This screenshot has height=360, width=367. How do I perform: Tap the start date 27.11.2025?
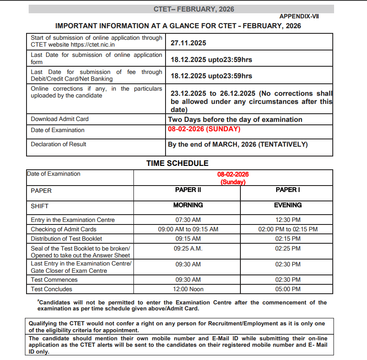point(188,43)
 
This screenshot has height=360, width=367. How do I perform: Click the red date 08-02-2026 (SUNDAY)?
point(204,129)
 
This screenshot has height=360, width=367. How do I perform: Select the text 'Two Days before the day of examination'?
point(235,120)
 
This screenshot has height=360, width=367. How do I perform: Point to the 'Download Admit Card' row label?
point(59,119)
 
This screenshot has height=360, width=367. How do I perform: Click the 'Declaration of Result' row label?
point(58,144)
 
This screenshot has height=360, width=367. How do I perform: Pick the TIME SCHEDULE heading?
point(178,163)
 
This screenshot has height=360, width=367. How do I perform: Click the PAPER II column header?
point(188,190)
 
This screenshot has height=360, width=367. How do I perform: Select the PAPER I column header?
point(287,190)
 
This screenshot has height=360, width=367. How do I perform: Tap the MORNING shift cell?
point(188,205)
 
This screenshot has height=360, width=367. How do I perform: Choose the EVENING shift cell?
point(287,205)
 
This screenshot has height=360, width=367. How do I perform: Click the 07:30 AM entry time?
point(188,220)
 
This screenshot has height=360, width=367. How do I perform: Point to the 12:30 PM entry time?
point(287,220)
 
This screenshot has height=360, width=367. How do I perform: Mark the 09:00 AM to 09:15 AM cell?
point(188,229)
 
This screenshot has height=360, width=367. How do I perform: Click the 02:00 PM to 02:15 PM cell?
point(287,229)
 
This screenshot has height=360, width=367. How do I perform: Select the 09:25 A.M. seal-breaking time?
point(188,248)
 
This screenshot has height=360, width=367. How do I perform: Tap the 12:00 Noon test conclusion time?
point(188,289)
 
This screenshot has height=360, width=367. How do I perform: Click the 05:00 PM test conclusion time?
point(287,289)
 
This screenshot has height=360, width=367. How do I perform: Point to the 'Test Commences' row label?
point(54,280)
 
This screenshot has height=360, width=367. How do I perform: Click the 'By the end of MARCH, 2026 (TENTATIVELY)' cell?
point(237,145)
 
